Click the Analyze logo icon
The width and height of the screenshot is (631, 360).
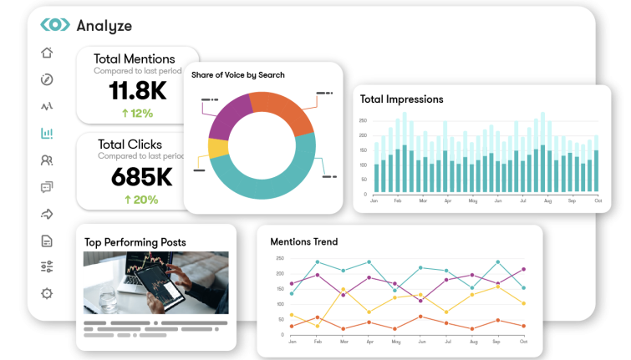tap(54, 25)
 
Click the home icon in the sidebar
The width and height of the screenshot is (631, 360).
tap(47, 53)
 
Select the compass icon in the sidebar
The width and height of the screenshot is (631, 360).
tap(47, 80)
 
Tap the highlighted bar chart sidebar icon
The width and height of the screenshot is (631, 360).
tap(47, 134)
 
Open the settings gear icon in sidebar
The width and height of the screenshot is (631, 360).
tap(47, 293)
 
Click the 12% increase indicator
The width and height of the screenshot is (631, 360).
tap(136, 114)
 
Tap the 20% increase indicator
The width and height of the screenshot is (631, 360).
tap(140, 200)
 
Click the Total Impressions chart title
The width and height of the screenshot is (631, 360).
tap(401, 99)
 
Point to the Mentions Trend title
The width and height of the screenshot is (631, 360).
tap(303, 242)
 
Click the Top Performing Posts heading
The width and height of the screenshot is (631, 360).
tap(135, 242)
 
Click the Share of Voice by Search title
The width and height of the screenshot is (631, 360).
tap(238, 75)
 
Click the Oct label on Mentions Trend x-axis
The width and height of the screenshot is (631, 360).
tap(523, 342)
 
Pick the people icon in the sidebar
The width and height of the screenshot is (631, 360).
tap(47, 160)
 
